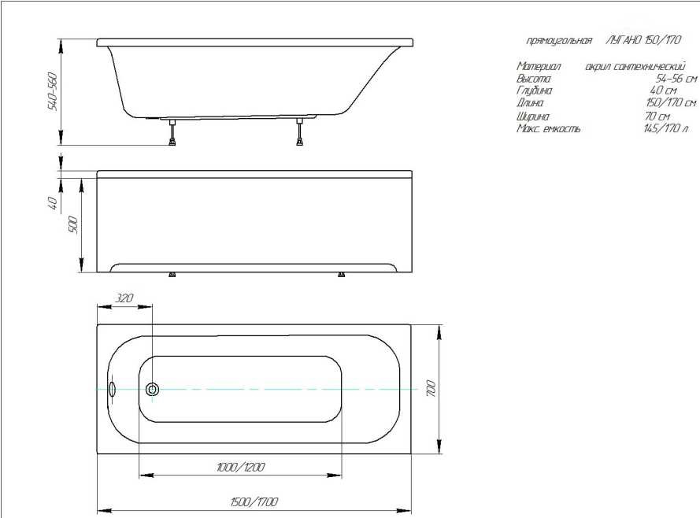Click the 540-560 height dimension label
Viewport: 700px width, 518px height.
(x=53, y=91)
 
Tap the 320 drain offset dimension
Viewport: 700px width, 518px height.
(x=124, y=298)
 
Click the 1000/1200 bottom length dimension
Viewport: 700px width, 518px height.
(x=240, y=468)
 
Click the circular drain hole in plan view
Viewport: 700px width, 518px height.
(x=152, y=389)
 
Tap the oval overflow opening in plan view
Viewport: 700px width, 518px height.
(x=111, y=389)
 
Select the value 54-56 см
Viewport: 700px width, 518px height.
(x=676, y=79)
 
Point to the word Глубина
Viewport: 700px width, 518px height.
(x=534, y=91)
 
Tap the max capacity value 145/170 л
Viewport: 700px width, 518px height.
(x=665, y=128)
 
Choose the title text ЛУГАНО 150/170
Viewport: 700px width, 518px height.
(x=643, y=40)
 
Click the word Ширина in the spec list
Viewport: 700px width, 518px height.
(x=533, y=116)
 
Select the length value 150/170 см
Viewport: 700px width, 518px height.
(x=670, y=103)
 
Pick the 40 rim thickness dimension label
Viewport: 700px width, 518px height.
(x=53, y=203)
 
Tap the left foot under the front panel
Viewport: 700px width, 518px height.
(x=172, y=275)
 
